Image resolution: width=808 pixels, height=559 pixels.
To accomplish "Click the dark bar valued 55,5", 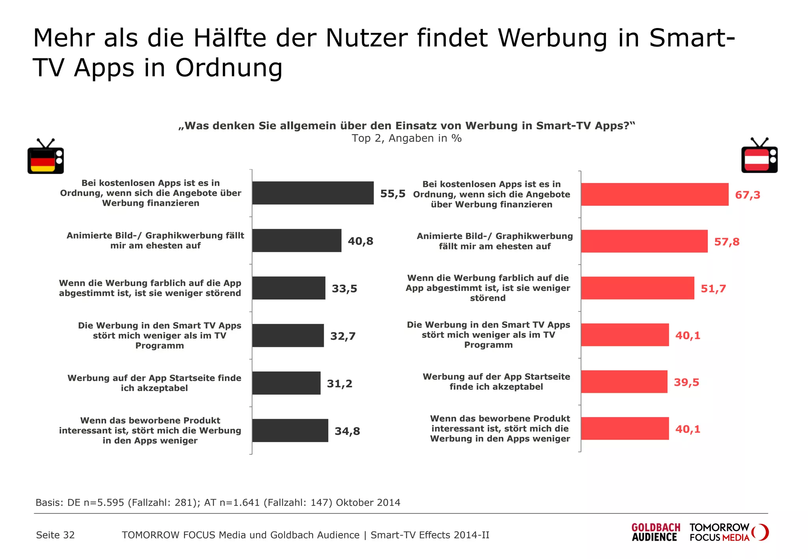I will coord(312,193).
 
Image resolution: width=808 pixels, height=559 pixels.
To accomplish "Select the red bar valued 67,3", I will coord(654,194).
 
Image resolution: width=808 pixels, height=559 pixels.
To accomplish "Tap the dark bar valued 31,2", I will coord(286,383).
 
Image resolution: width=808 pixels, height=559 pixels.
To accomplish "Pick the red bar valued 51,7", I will coord(637,288).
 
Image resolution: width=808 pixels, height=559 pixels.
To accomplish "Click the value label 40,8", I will coord(360,241).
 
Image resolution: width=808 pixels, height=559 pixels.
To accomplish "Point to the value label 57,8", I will coord(726,242).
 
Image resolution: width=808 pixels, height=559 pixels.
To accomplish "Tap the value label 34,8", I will coord(347,431).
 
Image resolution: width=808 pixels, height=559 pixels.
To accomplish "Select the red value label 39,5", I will coord(686,382).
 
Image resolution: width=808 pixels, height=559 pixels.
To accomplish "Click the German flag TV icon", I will coord(45,157).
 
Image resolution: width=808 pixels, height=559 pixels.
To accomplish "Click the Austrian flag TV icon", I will coord(759,156).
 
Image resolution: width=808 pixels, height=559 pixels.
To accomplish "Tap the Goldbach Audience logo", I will coord(656,532).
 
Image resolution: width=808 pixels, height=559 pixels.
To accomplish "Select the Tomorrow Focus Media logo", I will coord(728,532).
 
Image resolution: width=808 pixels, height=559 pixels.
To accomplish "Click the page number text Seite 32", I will coord(55,535).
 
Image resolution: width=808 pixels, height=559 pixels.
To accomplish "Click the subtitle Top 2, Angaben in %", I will coord(406,138).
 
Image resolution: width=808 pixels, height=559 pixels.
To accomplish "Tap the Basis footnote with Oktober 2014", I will coord(218,503).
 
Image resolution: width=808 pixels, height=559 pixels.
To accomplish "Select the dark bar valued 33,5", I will coord(288,288).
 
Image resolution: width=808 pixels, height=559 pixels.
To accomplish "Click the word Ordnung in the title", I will coord(229,68).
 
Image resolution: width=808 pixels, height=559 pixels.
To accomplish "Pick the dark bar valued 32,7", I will coord(288,335).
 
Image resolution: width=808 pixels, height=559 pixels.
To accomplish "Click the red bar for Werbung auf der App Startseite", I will coord(624,382).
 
